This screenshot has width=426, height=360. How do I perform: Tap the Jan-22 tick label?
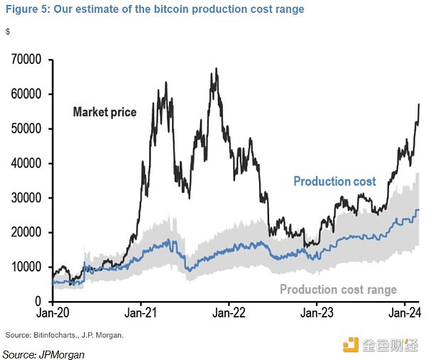pos(229,312)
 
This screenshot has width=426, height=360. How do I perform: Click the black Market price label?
pos(104,111)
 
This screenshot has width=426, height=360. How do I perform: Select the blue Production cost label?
pos(334,181)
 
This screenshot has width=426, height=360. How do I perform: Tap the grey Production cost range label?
pos(338,289)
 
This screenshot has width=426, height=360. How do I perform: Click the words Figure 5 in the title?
pos(25,9)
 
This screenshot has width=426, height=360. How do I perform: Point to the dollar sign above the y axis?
pos(7,32)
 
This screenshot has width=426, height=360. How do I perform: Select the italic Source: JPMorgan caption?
pos(43,353)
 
